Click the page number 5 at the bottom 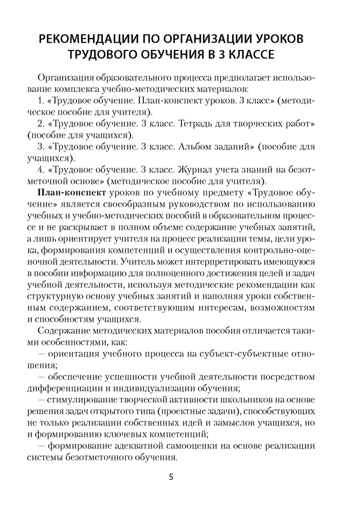pyautogui.click(x=171, y=476)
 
